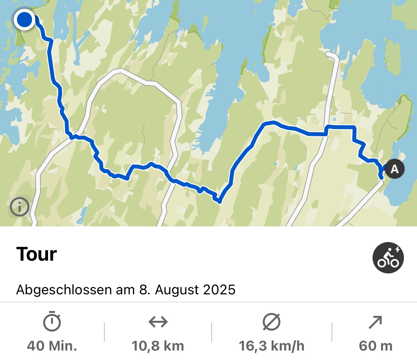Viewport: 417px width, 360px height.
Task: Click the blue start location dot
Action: (x=25, y=20)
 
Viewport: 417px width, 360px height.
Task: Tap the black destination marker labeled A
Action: (x=394, y=169)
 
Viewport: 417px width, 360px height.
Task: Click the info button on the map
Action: (x=20, y=207)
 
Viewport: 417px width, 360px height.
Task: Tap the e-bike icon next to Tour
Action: (x=388, y=258)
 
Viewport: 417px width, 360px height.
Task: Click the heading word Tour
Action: (x=37, y=254)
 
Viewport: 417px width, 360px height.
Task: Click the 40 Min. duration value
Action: (x=52, y=346)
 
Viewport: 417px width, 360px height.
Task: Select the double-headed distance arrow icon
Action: (x=158, y=322)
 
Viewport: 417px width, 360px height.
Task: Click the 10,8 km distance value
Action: (x=158, y=346)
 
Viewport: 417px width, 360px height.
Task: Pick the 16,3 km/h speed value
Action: (x=272, y=346)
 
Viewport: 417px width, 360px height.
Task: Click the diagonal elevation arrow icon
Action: (x=375, y=322)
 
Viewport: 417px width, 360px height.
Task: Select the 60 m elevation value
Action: (x=375, y=346)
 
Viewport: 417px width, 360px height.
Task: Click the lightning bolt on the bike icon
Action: (x=398, y=250)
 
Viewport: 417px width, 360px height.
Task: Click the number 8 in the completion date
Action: (x=143, y=290)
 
